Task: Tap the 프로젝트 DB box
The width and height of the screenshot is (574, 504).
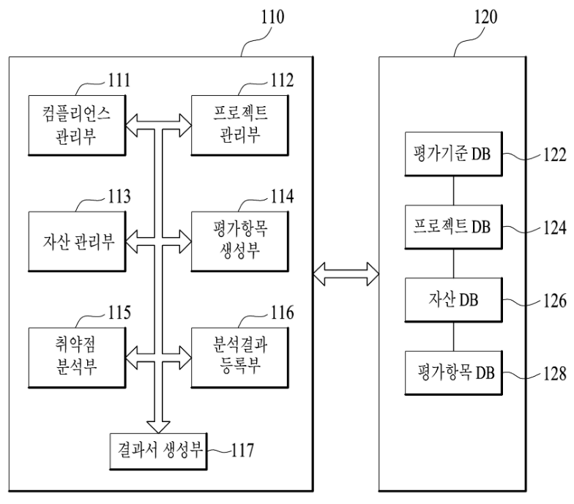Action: coord(454,227)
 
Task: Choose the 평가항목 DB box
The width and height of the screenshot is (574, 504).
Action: coord(454,373)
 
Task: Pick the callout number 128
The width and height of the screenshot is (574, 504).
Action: coord(554,375)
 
